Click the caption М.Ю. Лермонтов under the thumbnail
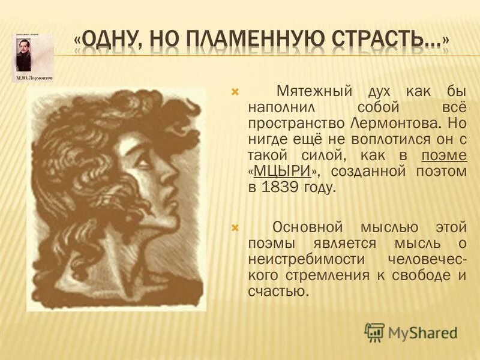[x=32, y=79]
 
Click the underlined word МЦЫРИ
[x=282, y=171]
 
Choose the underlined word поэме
[x=443, y=155]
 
